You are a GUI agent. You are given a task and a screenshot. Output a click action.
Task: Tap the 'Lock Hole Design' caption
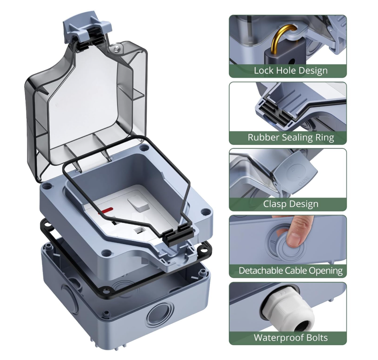pos(291,71)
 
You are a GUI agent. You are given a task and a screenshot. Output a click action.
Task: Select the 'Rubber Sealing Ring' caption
pos(291,137)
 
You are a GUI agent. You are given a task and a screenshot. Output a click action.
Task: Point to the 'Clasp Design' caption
pos(291,204)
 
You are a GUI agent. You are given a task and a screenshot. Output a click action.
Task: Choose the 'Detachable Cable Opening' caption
pos(291,271)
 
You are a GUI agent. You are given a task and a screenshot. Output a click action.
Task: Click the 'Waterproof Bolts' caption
pos(291,337)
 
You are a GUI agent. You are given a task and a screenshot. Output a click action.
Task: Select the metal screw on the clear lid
pos(117,48)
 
